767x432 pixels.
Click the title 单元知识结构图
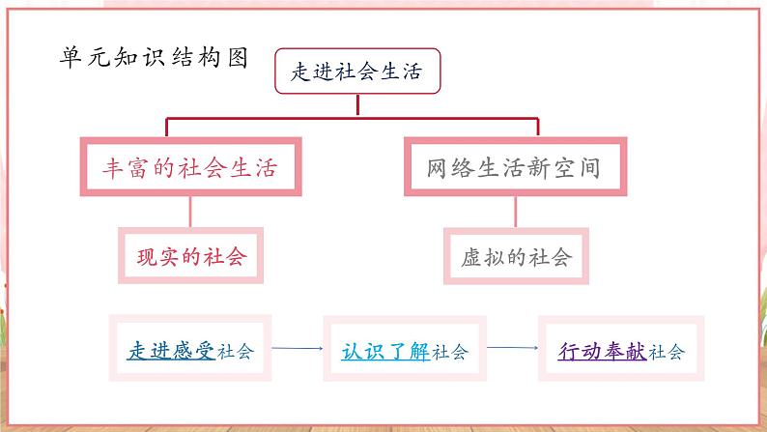(x=154, y=58)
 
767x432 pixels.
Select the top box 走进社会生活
(x=357, y=71)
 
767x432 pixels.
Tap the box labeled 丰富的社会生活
(x=190, y=167)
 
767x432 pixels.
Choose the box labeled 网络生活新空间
(x=515, y=167)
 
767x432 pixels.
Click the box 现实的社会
(x=190, y=255)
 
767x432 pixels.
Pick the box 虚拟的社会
(x=516, y=256)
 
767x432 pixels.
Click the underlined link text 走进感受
(x=171, y=351)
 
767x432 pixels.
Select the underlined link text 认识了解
(x=385, y=351)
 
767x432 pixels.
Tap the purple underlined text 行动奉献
(x=602, y=351)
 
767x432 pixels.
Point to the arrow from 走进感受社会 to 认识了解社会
(x=298, y=348)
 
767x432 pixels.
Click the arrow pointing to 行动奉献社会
(x=513, y=348)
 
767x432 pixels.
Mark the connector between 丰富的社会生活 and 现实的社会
(x=190, y=212)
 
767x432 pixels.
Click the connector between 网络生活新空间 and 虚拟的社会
(x=516, y=212)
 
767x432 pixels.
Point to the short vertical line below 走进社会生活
(x=357, y=105)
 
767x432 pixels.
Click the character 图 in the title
(x=239, y=58)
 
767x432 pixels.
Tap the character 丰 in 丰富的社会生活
(x=112, y=168)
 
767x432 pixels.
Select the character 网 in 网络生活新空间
(x=437, y=168)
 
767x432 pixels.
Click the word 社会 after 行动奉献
(x=667, y=352)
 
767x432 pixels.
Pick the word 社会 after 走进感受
(x=236, y=352)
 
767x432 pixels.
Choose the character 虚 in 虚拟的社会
(x=471, y=257)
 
